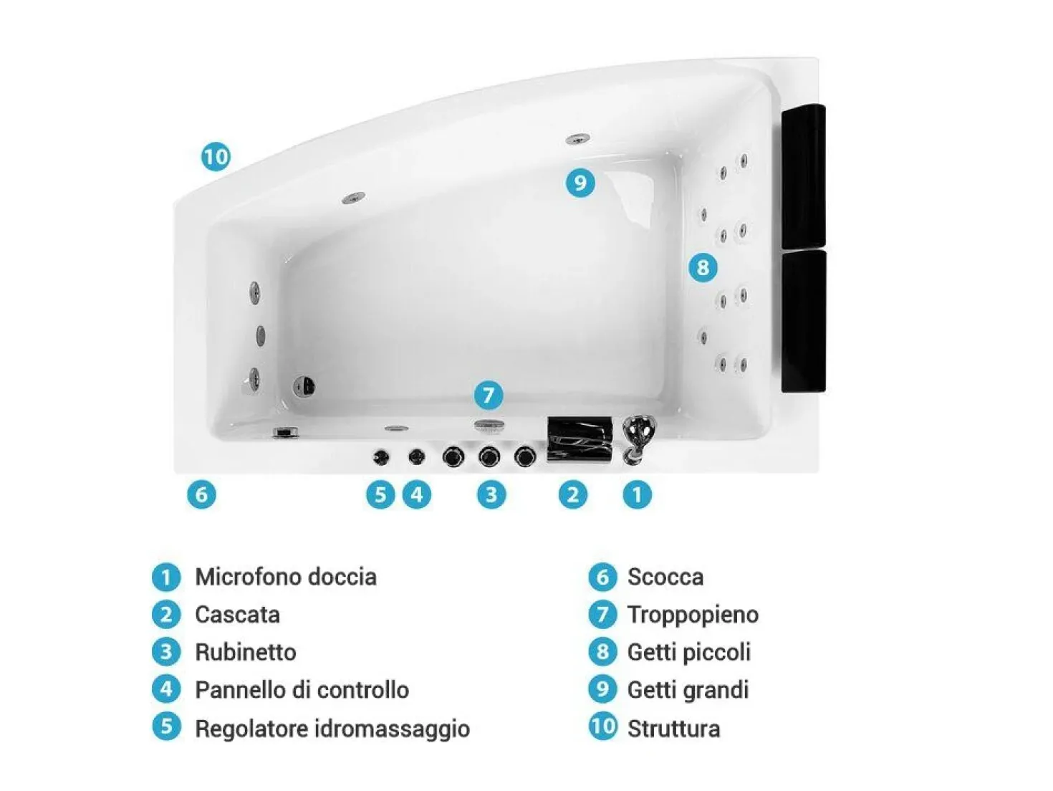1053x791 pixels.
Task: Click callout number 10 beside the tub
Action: click(216, 156)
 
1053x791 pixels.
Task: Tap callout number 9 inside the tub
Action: click(580, 183)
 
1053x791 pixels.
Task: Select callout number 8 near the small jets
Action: click(703, 267)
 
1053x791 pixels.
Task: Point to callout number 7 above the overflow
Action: click(489, 395)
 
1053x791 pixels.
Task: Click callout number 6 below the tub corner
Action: click(201, 494)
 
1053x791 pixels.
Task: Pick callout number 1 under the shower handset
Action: click(637, 494)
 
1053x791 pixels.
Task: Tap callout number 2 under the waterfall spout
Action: click(573, 494)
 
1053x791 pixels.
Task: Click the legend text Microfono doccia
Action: click(286, 577)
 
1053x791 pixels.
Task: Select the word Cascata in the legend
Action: click(238, 615)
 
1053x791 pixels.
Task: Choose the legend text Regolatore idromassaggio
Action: click(332, 729)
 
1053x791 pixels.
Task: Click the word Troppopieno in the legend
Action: click(693, 615)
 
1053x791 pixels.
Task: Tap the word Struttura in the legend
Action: click(674, 729)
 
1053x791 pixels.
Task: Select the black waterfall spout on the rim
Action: click(580, 439)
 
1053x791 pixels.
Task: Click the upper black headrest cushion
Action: click(804, 176)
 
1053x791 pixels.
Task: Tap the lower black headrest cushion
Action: click(804, 321)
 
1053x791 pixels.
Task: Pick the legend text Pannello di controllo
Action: click(302, 691)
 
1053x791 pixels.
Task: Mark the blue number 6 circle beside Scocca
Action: click(602, 577)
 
